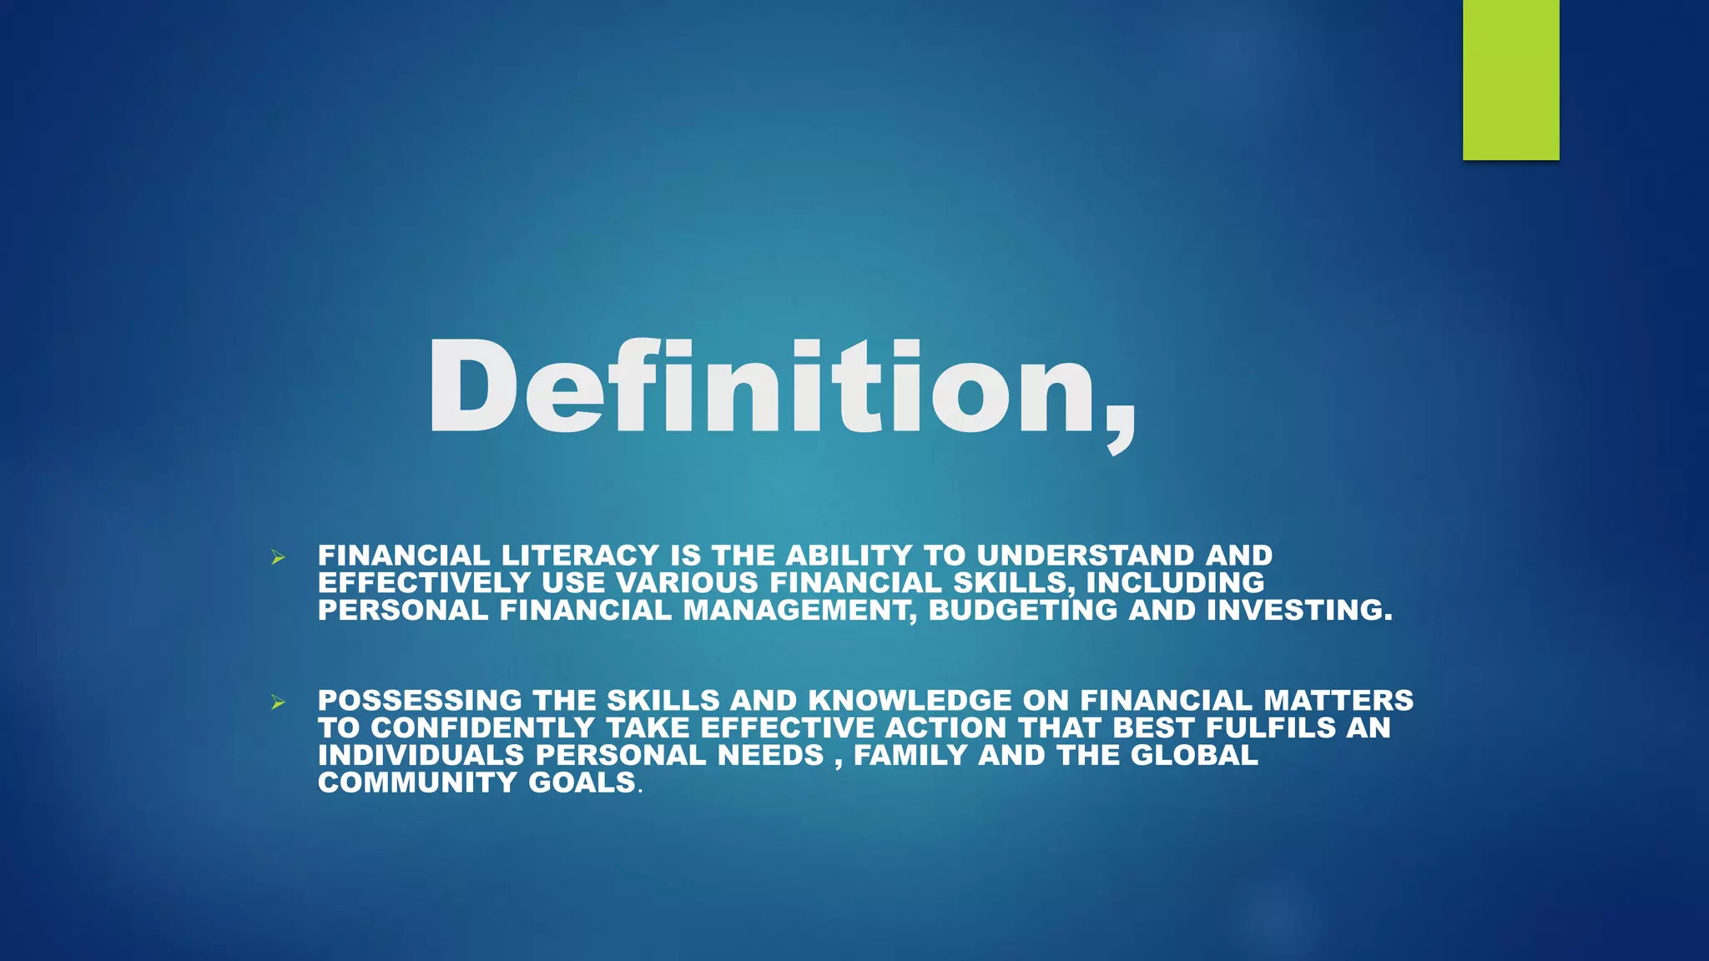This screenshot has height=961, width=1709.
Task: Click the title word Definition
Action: coord(780,388)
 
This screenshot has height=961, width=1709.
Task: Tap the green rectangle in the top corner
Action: coord(1510,79)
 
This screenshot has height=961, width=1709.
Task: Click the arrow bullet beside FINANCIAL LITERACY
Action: coord(278,557)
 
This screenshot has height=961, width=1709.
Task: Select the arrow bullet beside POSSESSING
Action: coord(278,702)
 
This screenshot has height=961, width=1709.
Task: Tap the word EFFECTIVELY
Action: coord(424,582)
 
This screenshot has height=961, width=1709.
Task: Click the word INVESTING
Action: coord(1299,610)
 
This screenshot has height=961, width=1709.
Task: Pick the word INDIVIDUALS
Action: coord(421,755)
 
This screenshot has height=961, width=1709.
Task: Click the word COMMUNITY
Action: coord(417,782)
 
